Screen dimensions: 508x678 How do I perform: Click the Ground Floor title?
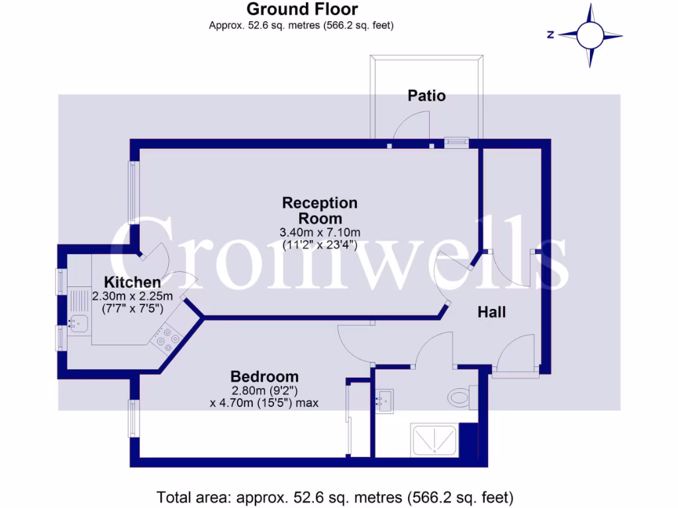pyautogui.click(x=302, y=9)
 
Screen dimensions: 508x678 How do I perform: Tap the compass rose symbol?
pyautogui.click(x=589, y=35)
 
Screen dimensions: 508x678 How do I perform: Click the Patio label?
pyautogui.click(x=426, y=96)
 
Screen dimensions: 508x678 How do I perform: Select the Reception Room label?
pyautogui.click(x=320, y=210)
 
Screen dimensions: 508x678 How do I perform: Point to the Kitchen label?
pyautogui.click(x=132, y=282)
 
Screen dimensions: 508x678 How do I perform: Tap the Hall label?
pyautogui.click(x=492, y=312)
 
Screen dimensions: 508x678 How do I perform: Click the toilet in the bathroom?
pyautogui.click(x=460, y=398)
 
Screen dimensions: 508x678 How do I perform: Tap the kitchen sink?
pyautogui.click(x=79, y=323)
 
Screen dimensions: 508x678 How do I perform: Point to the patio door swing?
pyautogui.click(x=411, y=126)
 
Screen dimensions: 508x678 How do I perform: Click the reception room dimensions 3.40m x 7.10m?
pyautogui.click(x=320, y=232)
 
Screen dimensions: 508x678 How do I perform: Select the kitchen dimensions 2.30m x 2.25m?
pyautogui.click(x=132, y=296)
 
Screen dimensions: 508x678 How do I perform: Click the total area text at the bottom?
pyautogui.click(x=334, y=496)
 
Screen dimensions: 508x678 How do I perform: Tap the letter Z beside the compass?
pyautogui.click(x=550, y=35)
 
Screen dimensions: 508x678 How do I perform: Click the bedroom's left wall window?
pyautogui.click(x=132, y=418)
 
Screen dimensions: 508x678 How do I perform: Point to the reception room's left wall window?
pyautogui.click(x=133, y=192)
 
